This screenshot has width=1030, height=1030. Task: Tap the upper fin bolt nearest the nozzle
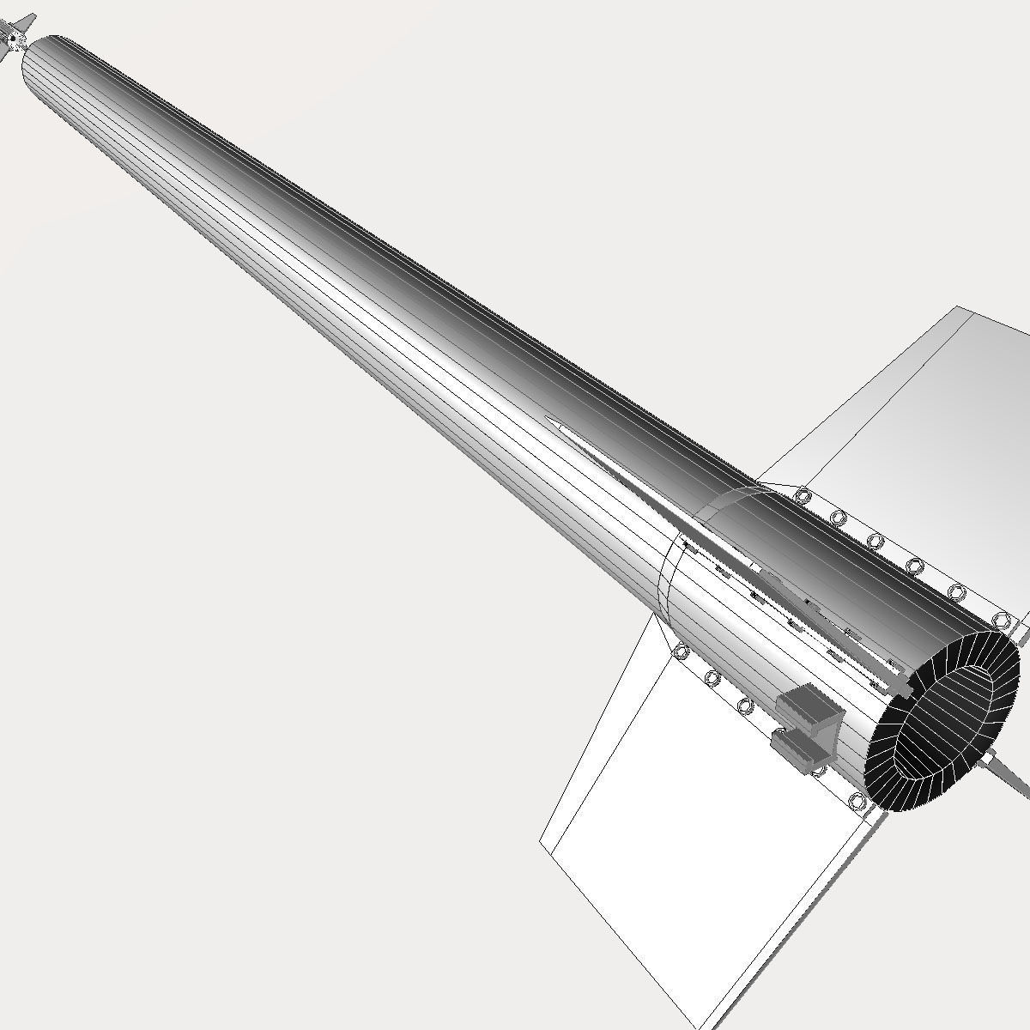click(x=999, y=619)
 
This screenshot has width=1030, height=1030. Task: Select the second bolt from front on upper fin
click(x=839, y=518)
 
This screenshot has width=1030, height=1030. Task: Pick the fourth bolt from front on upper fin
click(x=914, y=566)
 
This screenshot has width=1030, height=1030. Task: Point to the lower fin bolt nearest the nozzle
click(x=857, y=802)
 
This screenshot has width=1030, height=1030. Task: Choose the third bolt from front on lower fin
click(x=745, y=706)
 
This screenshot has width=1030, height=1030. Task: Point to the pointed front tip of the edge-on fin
click(x=549, y=420)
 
